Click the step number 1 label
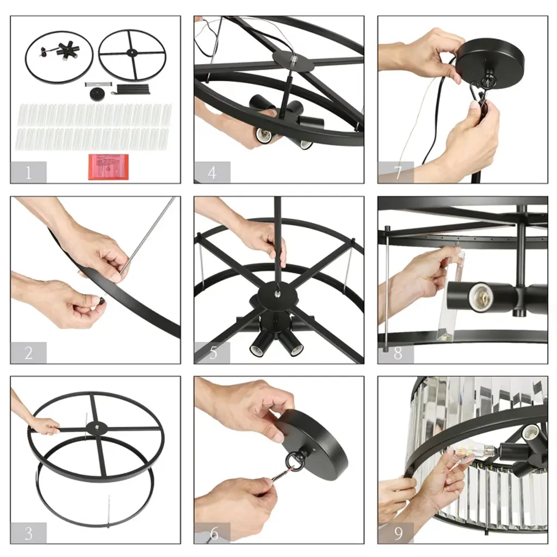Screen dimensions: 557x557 click(28, 172)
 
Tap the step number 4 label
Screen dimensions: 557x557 click(212, 172)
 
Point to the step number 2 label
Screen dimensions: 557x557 click(29, 352)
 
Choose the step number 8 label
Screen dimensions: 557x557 click(398, 353)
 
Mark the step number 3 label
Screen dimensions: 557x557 click(29, 533)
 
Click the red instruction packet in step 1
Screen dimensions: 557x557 click(108, 166)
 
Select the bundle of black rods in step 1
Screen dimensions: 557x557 click(132, 89)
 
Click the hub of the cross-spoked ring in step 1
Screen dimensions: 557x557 click(132, 53)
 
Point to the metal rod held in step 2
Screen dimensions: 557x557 click(147, 236)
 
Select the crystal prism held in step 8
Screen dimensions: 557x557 click(450, 295)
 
